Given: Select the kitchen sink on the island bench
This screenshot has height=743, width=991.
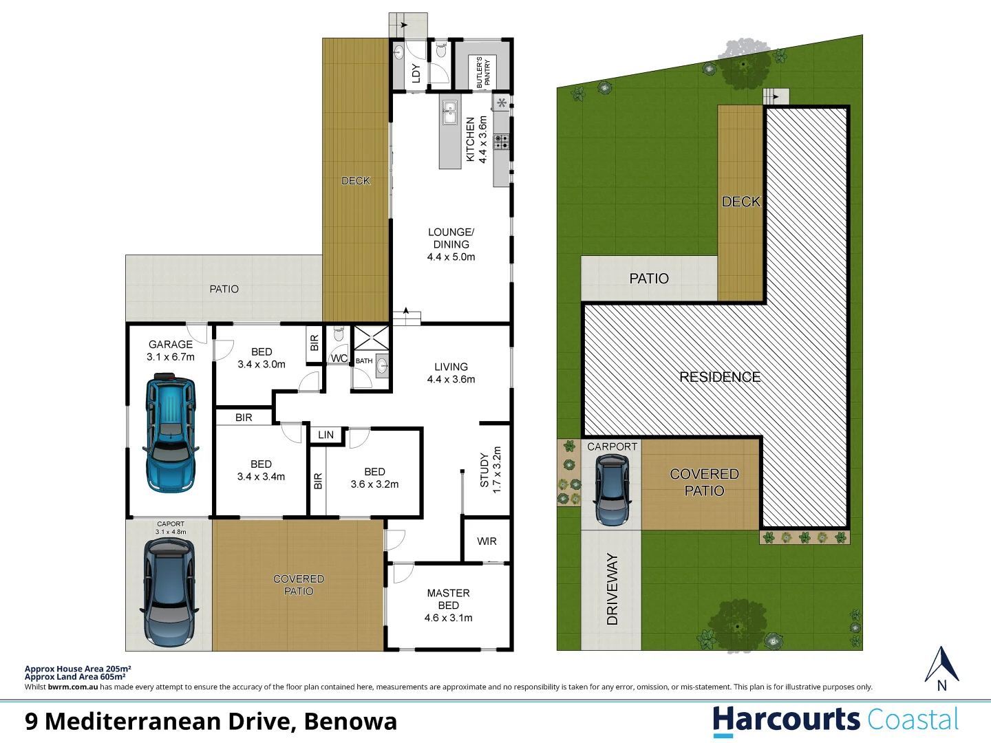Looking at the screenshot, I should (449, 112).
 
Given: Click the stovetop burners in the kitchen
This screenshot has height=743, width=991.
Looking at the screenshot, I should (502, 142).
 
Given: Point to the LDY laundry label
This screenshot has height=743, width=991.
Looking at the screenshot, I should (416, 73).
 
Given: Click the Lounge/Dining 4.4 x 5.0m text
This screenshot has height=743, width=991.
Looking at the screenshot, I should (451, 244).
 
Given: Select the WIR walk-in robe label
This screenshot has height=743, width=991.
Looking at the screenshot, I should (487, 541).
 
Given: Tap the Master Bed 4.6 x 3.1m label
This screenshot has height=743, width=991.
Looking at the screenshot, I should (448, 605).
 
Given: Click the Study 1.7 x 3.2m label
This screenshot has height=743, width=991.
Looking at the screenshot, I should (490, 471).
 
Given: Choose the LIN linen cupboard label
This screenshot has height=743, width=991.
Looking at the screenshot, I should (326, 435).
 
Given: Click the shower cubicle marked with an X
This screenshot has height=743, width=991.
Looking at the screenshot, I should (372, 338).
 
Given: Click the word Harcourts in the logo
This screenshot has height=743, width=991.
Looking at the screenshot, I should (786, 720).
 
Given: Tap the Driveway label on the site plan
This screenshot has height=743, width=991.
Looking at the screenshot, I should (612, 589).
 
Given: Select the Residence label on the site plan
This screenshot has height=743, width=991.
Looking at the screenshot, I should (720, 377).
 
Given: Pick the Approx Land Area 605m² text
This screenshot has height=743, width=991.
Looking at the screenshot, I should (75, 677).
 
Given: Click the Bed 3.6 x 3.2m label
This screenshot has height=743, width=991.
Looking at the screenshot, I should (374, 478).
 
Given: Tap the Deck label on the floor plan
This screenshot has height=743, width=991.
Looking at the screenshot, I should (356, 181).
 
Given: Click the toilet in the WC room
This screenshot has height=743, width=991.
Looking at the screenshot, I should (338, 335).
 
